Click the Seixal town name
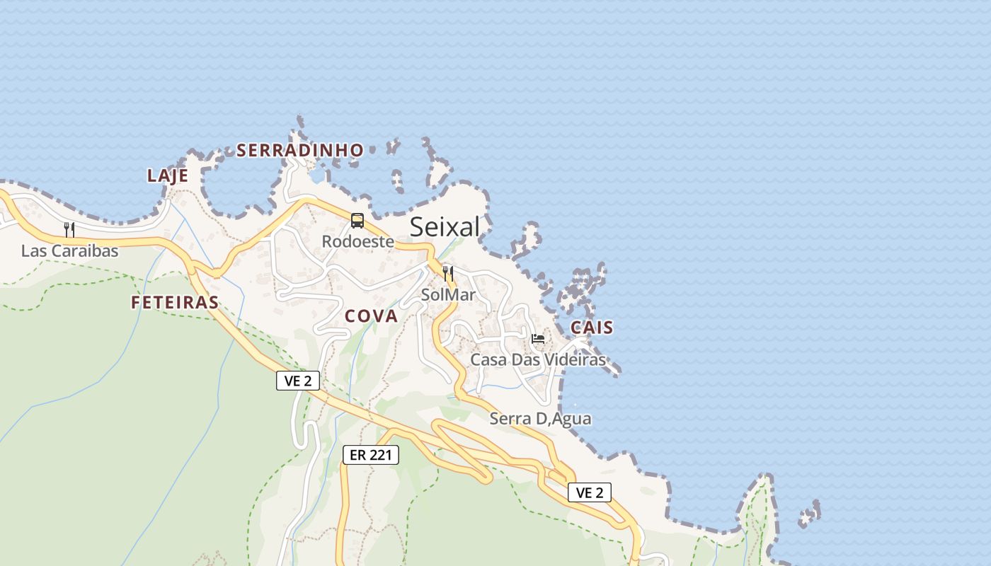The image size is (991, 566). [x=445, y=227]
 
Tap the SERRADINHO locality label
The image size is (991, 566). [x=300, y=150]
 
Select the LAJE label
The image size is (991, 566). [x=168, y=175]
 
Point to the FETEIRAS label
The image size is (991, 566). [x=175, y=302]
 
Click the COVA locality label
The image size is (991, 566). [x=371, y=316]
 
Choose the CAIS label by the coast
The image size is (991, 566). [x=592, y=328]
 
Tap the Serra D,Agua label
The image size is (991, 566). [x=541, y=418]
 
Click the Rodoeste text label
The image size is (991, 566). [x=357, y=241]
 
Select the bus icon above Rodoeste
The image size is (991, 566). [x=357, y=221]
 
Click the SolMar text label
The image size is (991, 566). [x=447, y=294]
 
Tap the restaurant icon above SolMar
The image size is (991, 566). [x=447, y=274]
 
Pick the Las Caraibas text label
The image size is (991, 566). [x=69, y=250]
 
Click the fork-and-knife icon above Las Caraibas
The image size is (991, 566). [x=69, y=229]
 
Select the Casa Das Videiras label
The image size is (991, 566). [x=538, y=359]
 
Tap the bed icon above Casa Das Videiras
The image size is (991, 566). [x=538, y=339]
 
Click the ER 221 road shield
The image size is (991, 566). [x=371, y=455]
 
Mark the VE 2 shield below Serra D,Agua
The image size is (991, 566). [x=589, y=492]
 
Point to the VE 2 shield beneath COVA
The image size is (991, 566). [x=298, y=381]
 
